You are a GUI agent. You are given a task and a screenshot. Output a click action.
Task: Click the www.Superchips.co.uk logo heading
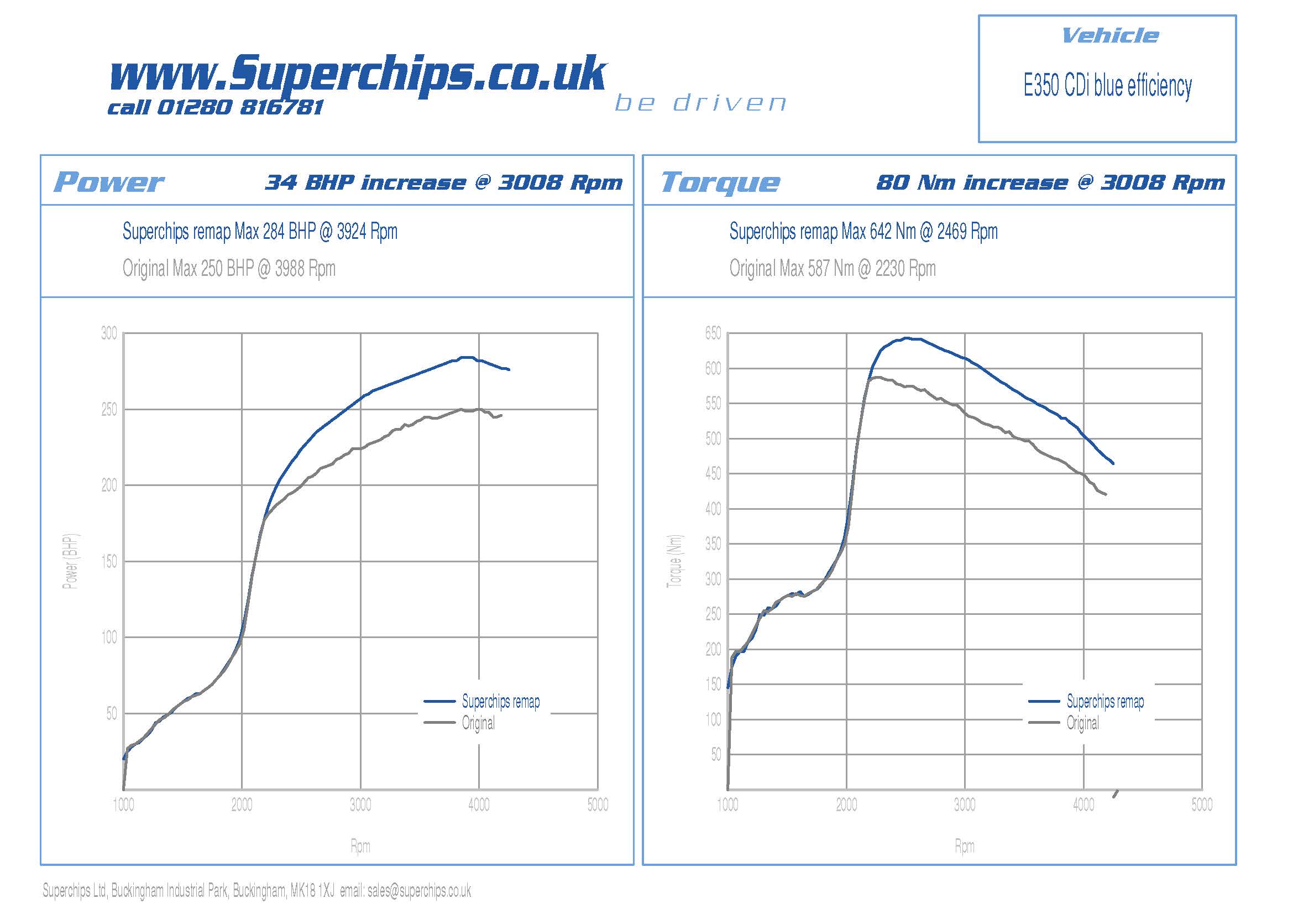pyautogui.click(x=358, y=73)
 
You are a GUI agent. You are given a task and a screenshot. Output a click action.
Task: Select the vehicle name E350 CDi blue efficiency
pyautogui.click(x=1107, y=86)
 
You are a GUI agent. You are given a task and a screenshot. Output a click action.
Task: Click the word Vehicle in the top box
pyautogui.click(x=1109, y=36)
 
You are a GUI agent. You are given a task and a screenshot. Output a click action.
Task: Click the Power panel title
pyautogui.click(x=109, y=182)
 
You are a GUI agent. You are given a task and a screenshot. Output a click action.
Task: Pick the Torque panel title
pyautogui.click(x=720, y=182)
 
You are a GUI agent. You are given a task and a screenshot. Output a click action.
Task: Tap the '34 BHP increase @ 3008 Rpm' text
pyautogui.click(x=444, y=182)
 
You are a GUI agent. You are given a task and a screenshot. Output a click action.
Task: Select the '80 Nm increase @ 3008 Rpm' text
pyautogui.click(x=1050, y=182)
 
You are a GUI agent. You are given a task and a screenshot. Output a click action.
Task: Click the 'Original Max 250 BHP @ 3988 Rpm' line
pyautogui.click(x=229, y=269)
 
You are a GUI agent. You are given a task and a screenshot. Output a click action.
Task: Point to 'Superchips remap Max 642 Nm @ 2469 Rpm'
pyautogui.click(x=863, y=232)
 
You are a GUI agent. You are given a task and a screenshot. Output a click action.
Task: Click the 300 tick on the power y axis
pyautogui.click(x=109, y=333)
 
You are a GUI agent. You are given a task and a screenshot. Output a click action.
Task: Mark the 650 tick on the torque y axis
pyautogui.click(x=713, y=333)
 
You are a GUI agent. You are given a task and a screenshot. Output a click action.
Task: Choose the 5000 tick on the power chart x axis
pyautogui.click(x=598, y=805)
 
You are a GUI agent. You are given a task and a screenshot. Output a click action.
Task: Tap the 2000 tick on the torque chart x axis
pyautogui.click(x=846, y=805)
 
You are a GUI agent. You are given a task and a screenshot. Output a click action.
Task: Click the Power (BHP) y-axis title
pyautogui.click(x=70, y=561)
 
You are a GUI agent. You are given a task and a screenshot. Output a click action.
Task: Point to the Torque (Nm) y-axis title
pyautogui.click(x=674, y=561)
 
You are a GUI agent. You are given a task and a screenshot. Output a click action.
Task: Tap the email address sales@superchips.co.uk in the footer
pyautogui.click(x=419, y=890)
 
